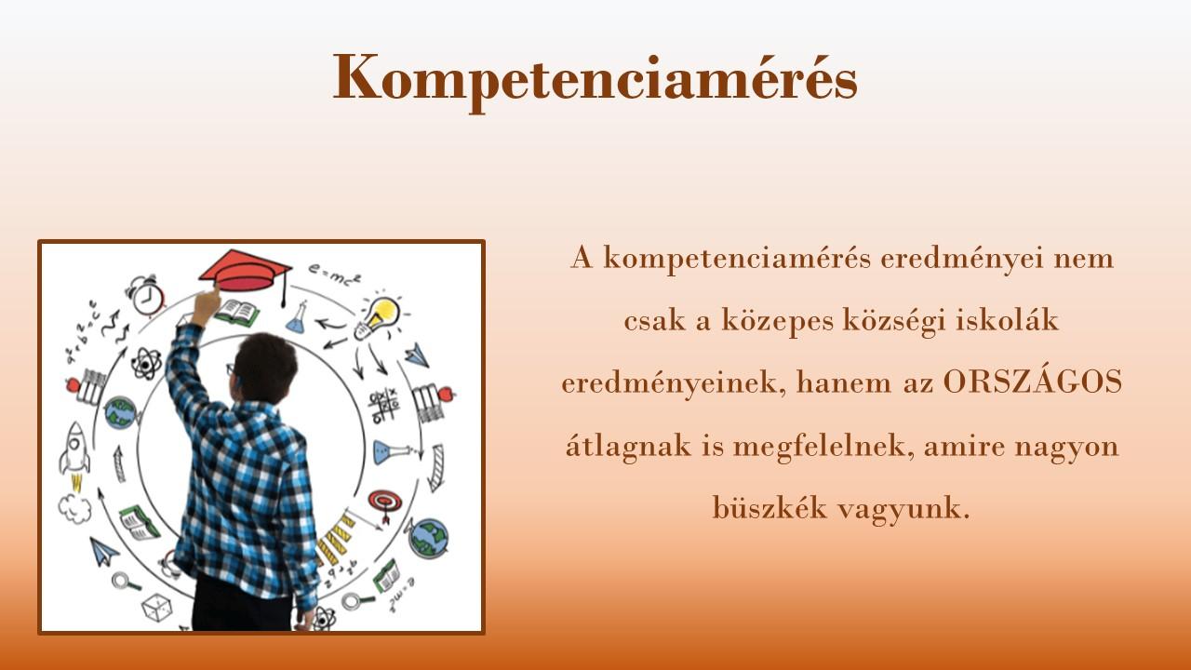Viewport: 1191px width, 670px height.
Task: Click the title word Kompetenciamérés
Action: click(595, 80)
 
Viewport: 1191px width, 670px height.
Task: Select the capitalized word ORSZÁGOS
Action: click(1033, 382)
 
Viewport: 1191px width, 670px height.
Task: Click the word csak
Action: click(654, 320)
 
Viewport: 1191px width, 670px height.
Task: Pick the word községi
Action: click(894, 322)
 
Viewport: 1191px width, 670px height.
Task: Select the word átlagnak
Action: click(628, 446)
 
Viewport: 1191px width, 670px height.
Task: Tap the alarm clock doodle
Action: click(146, 296)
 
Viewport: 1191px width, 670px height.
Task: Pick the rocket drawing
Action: click(75, 451)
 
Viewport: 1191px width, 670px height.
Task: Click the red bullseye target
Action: click(385, 503)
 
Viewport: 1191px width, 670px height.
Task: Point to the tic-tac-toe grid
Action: click(384, 405)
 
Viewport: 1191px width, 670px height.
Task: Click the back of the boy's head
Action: click(265, 368)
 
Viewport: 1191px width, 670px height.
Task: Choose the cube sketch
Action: click(156, 608)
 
